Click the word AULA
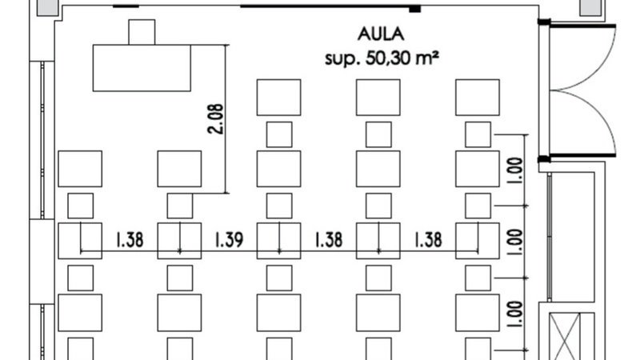pos(380,34)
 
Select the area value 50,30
pos(389,58)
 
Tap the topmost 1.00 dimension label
pos(514,169)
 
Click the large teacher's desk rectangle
pos(142,68)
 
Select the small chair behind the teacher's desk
pos(142,32)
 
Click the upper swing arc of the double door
pos(588,56)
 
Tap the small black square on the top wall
pos(414,9)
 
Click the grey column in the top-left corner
pos(46,7)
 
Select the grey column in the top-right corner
pos(593,7)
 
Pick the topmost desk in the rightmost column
pos(478,97)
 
